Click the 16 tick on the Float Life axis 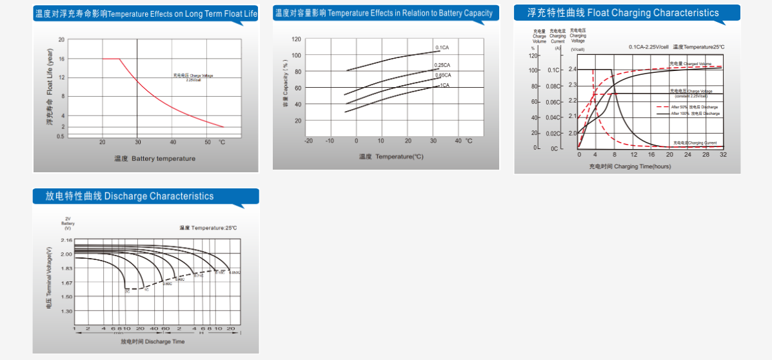click(x=61, y=59)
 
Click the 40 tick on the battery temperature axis click(x=173, y=142)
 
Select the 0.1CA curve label click(x=442, y=48)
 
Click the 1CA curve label click(x=444, y=85)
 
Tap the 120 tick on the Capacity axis click(x=296, y=39)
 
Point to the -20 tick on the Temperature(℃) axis click(x=308, y=141)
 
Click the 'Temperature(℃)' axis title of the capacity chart click(x=391, y=156)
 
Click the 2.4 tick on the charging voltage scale click(x=572, y=69)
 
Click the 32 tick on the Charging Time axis click(x=723, y=155)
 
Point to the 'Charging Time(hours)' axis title click(x=629, y=166)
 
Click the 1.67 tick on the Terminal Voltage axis click(x=66, y=283)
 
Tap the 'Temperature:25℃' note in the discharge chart click(x=208, y=228)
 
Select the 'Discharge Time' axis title click(x=152, y=341)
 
